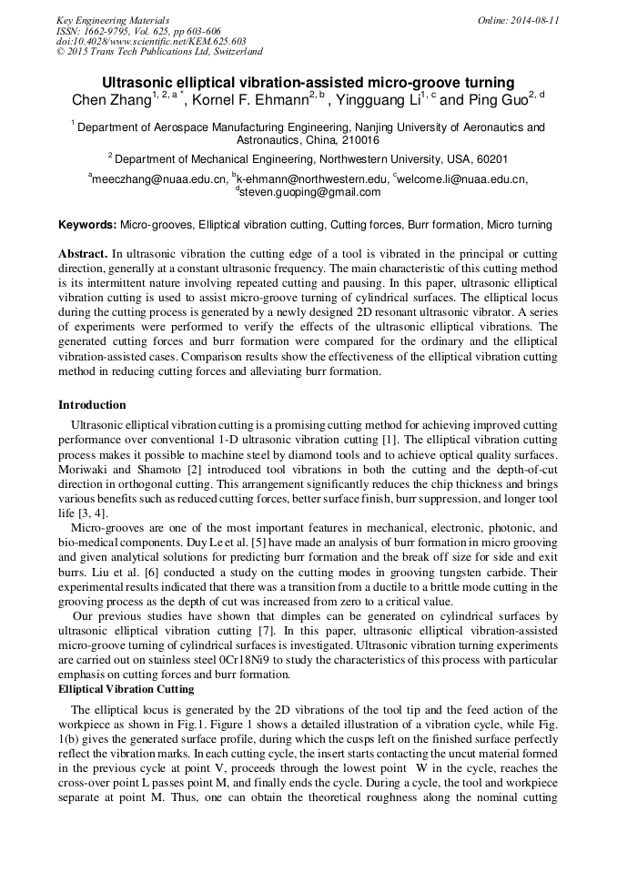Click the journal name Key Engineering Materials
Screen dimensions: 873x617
[113, 20]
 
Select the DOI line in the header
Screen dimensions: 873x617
[151, 41]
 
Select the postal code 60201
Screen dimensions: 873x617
[490, 159]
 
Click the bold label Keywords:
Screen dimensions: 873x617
[87, 224]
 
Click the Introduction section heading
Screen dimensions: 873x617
[92, 405]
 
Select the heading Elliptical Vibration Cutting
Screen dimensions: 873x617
[126, 689]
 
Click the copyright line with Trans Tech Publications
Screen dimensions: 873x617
[159, 52]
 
